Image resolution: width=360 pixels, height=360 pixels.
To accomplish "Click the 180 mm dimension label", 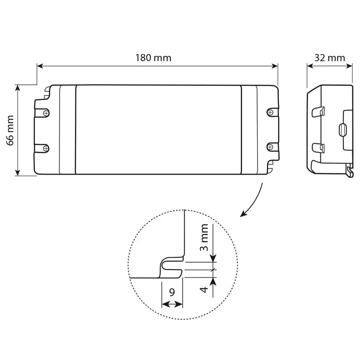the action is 153,58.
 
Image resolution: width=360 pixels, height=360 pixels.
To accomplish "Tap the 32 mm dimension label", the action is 329,58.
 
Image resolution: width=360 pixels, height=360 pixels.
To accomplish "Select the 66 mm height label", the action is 10,130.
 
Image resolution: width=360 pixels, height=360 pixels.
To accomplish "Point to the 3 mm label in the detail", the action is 204,238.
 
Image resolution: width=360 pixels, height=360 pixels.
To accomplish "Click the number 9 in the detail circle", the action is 172,292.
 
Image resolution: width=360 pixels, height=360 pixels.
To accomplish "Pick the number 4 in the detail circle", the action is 204,290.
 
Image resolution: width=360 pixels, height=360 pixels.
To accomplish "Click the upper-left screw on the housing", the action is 47,113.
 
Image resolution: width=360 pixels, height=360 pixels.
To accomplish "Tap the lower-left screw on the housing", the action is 46,148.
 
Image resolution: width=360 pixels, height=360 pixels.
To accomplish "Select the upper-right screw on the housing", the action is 270,112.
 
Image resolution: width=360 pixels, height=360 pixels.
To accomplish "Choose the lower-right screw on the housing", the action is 270,147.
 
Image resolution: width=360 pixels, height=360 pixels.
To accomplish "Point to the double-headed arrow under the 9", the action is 172,305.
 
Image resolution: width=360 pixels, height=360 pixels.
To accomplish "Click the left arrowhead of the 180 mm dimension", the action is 40,66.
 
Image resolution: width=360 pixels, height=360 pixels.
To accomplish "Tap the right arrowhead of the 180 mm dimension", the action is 275,66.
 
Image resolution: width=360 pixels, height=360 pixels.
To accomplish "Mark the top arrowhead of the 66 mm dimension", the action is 17,88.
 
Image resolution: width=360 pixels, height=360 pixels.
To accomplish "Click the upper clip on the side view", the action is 318,112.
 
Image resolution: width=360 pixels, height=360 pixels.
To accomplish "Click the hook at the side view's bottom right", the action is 350,170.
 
